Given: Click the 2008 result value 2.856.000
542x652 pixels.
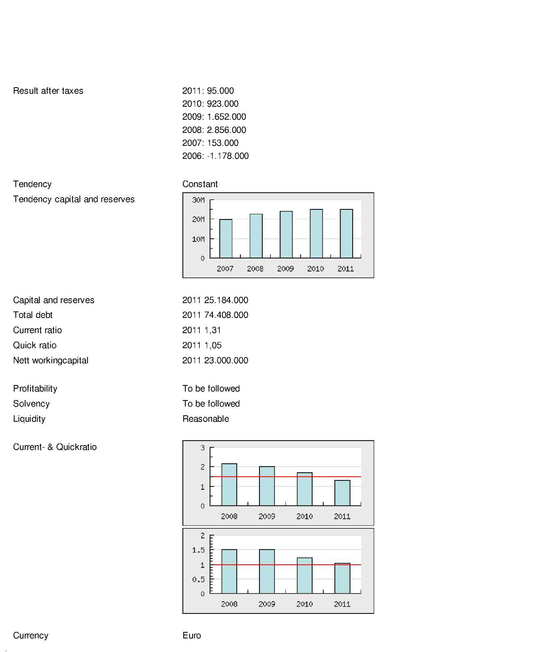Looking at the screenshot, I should click(x=226, y=130).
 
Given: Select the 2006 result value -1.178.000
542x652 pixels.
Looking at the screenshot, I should click(x=228, y=156).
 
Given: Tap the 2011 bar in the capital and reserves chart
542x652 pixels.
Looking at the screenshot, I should click(x=346, y=234).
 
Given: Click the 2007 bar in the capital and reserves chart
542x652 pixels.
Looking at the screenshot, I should click(x=226, y=239).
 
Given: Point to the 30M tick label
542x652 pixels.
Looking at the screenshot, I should click(x=198, y=200).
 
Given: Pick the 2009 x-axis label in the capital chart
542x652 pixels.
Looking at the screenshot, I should click(x=285, y=269).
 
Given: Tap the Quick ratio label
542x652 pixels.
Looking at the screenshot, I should click(x=35, y=345).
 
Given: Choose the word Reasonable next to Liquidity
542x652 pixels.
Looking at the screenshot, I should click(x=206, y=419).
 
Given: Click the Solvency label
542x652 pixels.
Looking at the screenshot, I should click(x=31, y=404).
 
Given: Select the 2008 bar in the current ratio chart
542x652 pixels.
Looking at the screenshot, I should click(x=229, y=485).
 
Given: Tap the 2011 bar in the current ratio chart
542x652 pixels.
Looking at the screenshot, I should click(x=342, y=493).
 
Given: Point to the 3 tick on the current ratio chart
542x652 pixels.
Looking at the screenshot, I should click(x=203, y=448).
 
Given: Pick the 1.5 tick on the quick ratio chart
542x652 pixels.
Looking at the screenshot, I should click(x=198, y=550).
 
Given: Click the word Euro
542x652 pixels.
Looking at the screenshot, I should click(x=192, y=635).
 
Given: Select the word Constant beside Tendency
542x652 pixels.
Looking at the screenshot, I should click(x=200, y=184).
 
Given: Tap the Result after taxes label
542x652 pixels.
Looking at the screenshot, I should click(x=48, y=91).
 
